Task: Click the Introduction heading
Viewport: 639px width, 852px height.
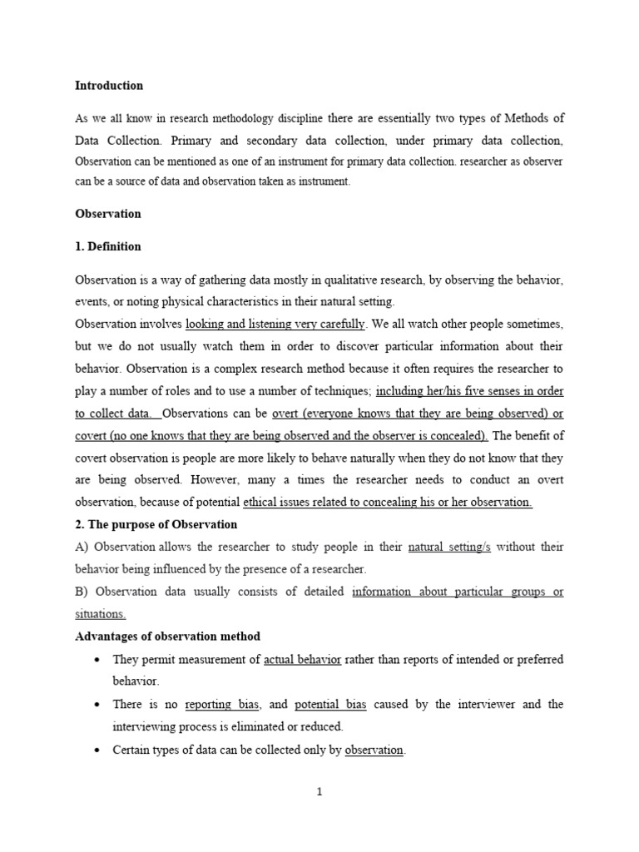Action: (109, 86)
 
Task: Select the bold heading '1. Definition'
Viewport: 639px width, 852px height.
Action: (108, 246)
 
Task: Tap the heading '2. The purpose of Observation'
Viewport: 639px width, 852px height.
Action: (156, 524)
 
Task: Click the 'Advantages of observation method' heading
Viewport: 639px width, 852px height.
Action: (168, 637)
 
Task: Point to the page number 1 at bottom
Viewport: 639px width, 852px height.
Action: (319, 792)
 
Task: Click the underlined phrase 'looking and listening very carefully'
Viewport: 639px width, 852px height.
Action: (275, 323)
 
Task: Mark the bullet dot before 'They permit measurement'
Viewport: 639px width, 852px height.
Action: (99, 661)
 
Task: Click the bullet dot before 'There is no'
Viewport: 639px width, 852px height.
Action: (99, 706)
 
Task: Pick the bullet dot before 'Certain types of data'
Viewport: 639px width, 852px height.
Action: (99, 750)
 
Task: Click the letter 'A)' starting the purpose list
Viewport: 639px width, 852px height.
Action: (82, 547)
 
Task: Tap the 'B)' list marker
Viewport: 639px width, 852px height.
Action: (82, 592)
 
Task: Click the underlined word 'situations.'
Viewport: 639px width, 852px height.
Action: (101, 614)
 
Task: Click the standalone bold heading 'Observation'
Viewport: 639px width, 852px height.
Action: (108, 214)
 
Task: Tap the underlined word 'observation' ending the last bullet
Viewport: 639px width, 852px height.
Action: (374, 750)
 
